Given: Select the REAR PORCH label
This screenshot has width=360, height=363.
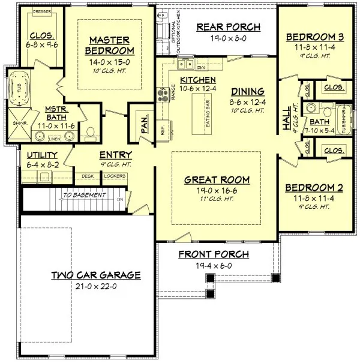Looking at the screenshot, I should click(229, 26).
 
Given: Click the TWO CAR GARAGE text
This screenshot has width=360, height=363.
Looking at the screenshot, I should click(95, 275).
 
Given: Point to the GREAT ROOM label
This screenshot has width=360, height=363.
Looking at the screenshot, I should click(217, 179).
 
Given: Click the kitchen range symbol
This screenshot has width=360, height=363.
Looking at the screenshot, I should click(162, 93).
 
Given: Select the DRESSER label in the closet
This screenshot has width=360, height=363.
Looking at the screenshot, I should click(41, 11).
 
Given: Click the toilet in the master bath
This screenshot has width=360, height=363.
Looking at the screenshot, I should click(91, 132).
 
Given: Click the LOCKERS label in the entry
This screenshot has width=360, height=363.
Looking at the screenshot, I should click(114, 176).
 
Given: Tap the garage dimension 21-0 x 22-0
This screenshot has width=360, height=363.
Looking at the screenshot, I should click(95, 286).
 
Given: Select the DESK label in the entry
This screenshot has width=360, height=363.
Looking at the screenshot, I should click(88, 176).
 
